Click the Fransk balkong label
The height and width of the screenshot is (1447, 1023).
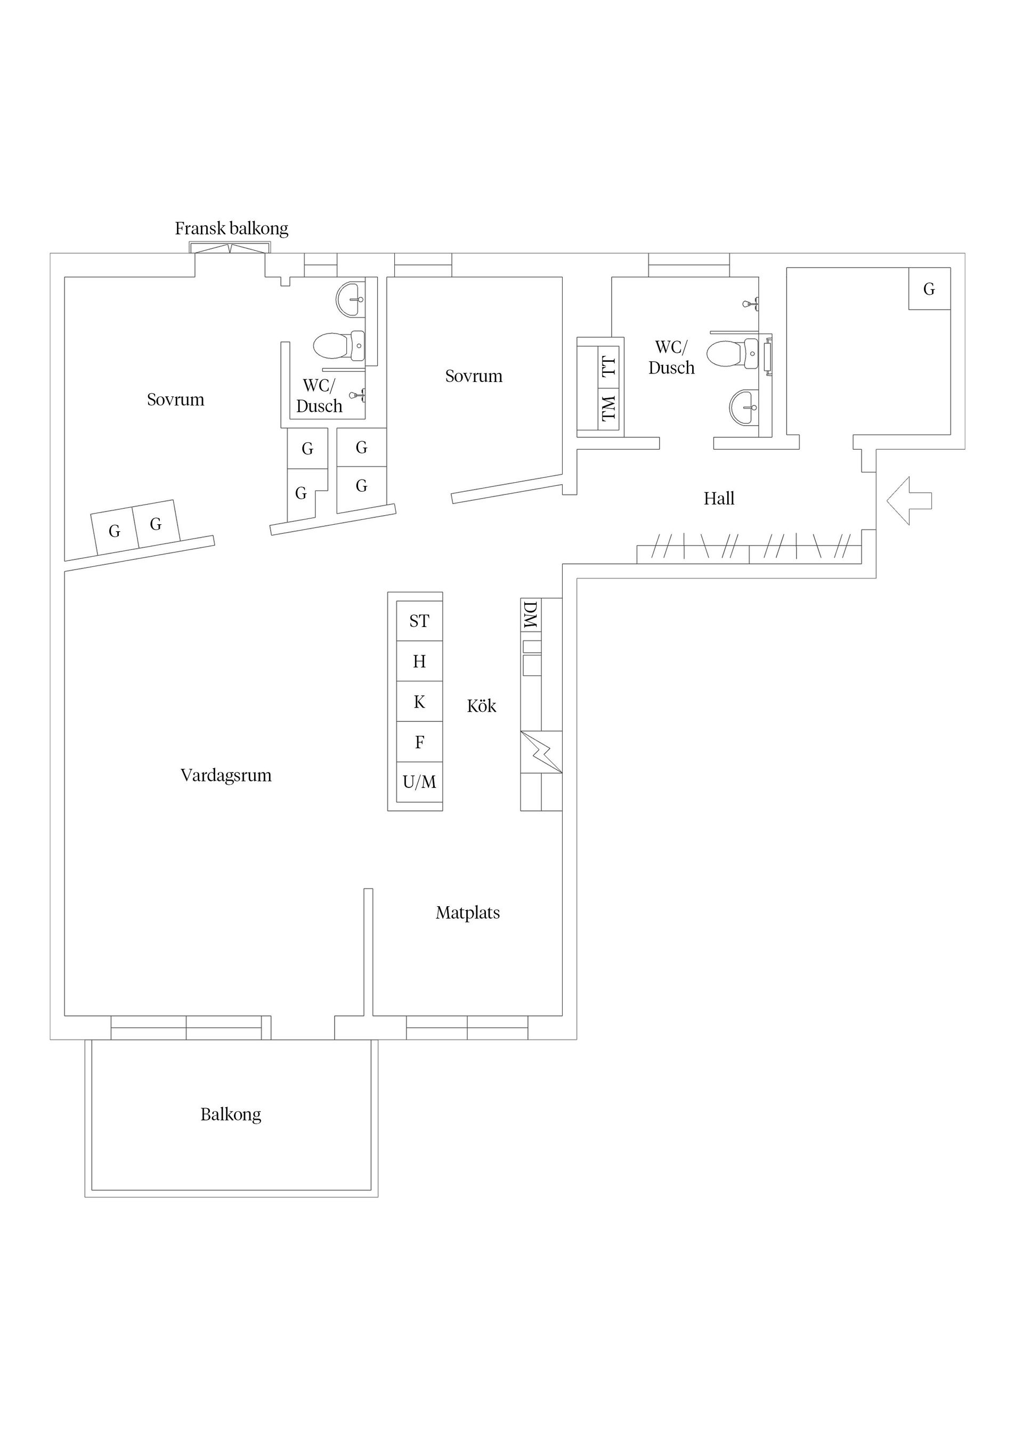coord(231,228)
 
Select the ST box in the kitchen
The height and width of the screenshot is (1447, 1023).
coord(419,621)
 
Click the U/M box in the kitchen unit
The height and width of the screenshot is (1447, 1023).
coord(419,782)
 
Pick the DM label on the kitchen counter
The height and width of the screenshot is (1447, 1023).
coord(530,615)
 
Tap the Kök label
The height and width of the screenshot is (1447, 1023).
coord(482,706)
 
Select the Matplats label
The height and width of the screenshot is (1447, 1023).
coord(468,913)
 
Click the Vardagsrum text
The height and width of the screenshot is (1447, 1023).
coord(226,775)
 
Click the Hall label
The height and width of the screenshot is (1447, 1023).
coord(719,499)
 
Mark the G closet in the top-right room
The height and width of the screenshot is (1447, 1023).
coord(929,289)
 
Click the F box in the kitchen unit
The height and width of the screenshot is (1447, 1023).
coord(419,742)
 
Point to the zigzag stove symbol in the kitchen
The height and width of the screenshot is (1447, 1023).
coord(541,751)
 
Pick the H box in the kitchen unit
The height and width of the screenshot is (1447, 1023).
coord(419,661)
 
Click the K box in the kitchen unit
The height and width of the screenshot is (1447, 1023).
coord(419,702)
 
